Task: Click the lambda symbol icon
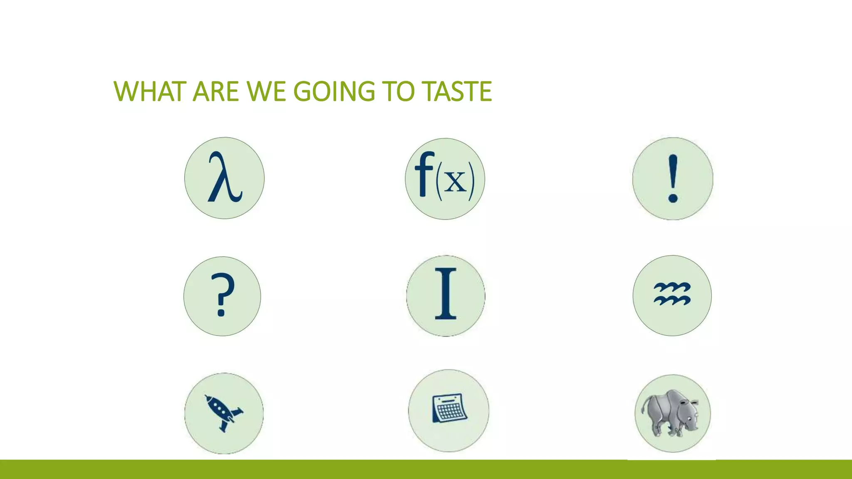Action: coord(224,178)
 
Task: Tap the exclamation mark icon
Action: coord(673,178)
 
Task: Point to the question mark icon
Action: coord(222,296)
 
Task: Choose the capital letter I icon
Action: coord(446,295)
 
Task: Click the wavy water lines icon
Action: coord(672,295)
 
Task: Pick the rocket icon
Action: coord(224,413)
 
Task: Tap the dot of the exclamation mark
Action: coord(673,198)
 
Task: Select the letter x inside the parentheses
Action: coord(456,182)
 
